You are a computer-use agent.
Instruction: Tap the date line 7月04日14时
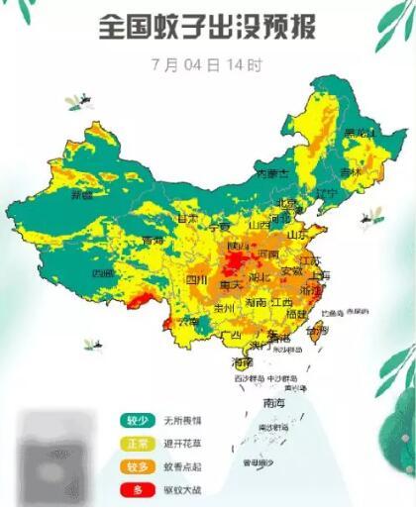click(x=207, y=66)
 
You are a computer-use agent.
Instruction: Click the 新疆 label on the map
click(x=80, y=195)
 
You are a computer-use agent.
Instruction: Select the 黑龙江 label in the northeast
click(x=356, y=133)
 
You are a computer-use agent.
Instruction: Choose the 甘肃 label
click(x=187, y=217)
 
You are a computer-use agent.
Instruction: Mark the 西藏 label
click(x=102, y=272)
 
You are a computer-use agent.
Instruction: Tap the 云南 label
click(x=187, y=322)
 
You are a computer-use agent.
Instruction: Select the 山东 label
click(x=296, y=236)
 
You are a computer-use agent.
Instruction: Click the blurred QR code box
click(x=61, y=459)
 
